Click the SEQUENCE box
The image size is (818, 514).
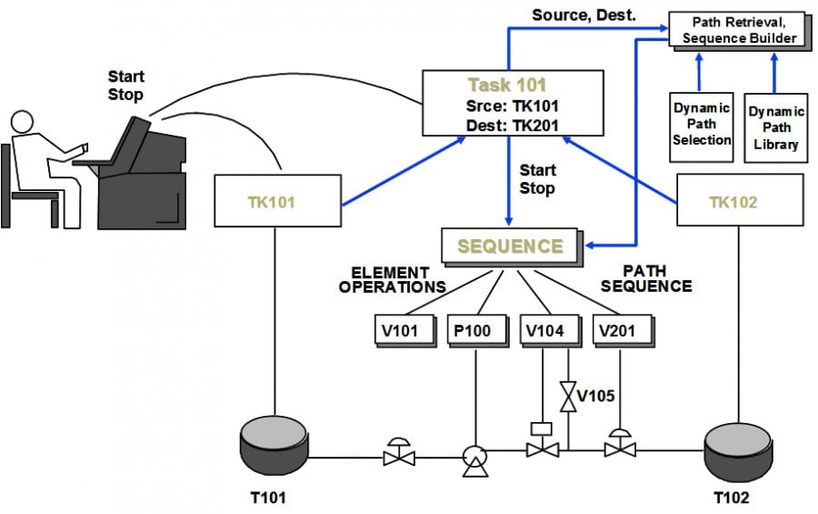point(509,246)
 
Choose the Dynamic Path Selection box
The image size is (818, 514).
point(702,125)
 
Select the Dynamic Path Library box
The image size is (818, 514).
point(775,127)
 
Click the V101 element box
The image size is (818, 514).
point(401,330)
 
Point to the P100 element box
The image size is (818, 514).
point(472,330)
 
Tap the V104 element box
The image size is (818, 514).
point(544,330)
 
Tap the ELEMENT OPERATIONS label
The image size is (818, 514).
point(392,279)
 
